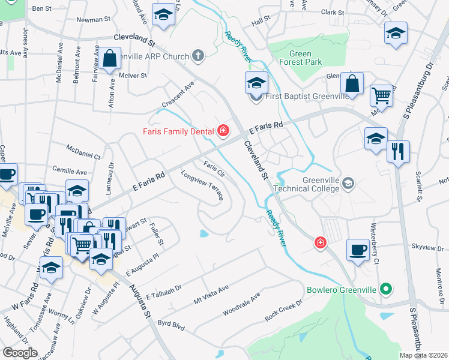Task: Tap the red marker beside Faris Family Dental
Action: (x=224, y=130)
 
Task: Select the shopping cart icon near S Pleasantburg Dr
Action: (x=381, y=95)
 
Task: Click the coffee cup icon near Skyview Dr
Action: (x=358, y=250)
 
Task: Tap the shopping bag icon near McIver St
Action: (x=110, y=59)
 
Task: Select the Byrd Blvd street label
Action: (x=170, y=326)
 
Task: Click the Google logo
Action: (x=20, y=353)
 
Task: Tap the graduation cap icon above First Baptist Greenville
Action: (x=256, y=83)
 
